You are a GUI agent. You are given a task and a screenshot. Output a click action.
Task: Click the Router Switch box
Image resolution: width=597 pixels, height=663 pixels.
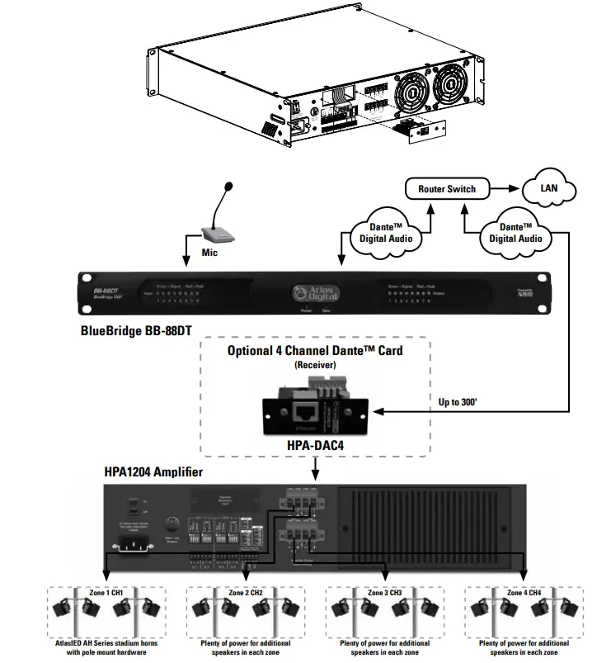coord(446,189)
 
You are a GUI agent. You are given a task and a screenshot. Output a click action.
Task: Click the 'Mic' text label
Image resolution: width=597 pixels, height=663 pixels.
coord(209,253)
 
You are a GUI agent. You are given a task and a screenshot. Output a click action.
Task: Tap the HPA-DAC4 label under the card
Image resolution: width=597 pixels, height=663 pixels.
coord(315,447)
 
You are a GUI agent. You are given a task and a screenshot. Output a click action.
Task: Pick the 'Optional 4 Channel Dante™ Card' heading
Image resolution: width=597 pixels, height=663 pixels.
coord(315,350)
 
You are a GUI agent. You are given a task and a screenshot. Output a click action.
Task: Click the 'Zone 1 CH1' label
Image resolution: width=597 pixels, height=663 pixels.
coord(106,593)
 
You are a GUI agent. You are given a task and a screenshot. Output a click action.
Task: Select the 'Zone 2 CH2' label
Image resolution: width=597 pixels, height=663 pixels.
coord(245,593)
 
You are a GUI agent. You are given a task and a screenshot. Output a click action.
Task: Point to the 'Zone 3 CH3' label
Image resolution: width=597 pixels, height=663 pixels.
coord(384,593)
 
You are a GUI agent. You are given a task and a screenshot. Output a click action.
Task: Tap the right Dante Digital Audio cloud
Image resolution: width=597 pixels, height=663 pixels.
coord(516,232)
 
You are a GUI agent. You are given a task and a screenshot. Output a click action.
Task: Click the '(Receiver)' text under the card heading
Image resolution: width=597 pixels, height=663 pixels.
coord(315,364)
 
